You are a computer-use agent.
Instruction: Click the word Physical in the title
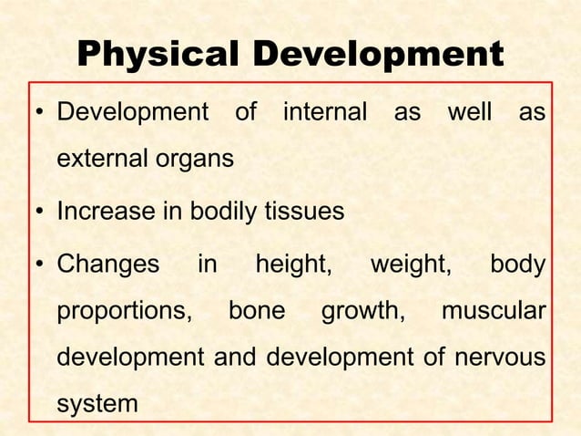pyautogui.click(x=158, y=54)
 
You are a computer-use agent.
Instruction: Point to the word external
pyautogui.click(x=102, y=159)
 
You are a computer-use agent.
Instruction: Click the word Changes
pyautogui.click(x=107, y=265)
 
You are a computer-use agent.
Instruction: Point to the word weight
pyautogui.click(x=411, y=265)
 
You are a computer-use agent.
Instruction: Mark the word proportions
pyautogui.click(x=125, y=311)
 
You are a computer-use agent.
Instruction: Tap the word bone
pyautogui.click(x=256, y=310)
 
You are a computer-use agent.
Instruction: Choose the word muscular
pyautogui.click(x=494, y=310)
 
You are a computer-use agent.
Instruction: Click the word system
pyautogui.click(x=97, y=402)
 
